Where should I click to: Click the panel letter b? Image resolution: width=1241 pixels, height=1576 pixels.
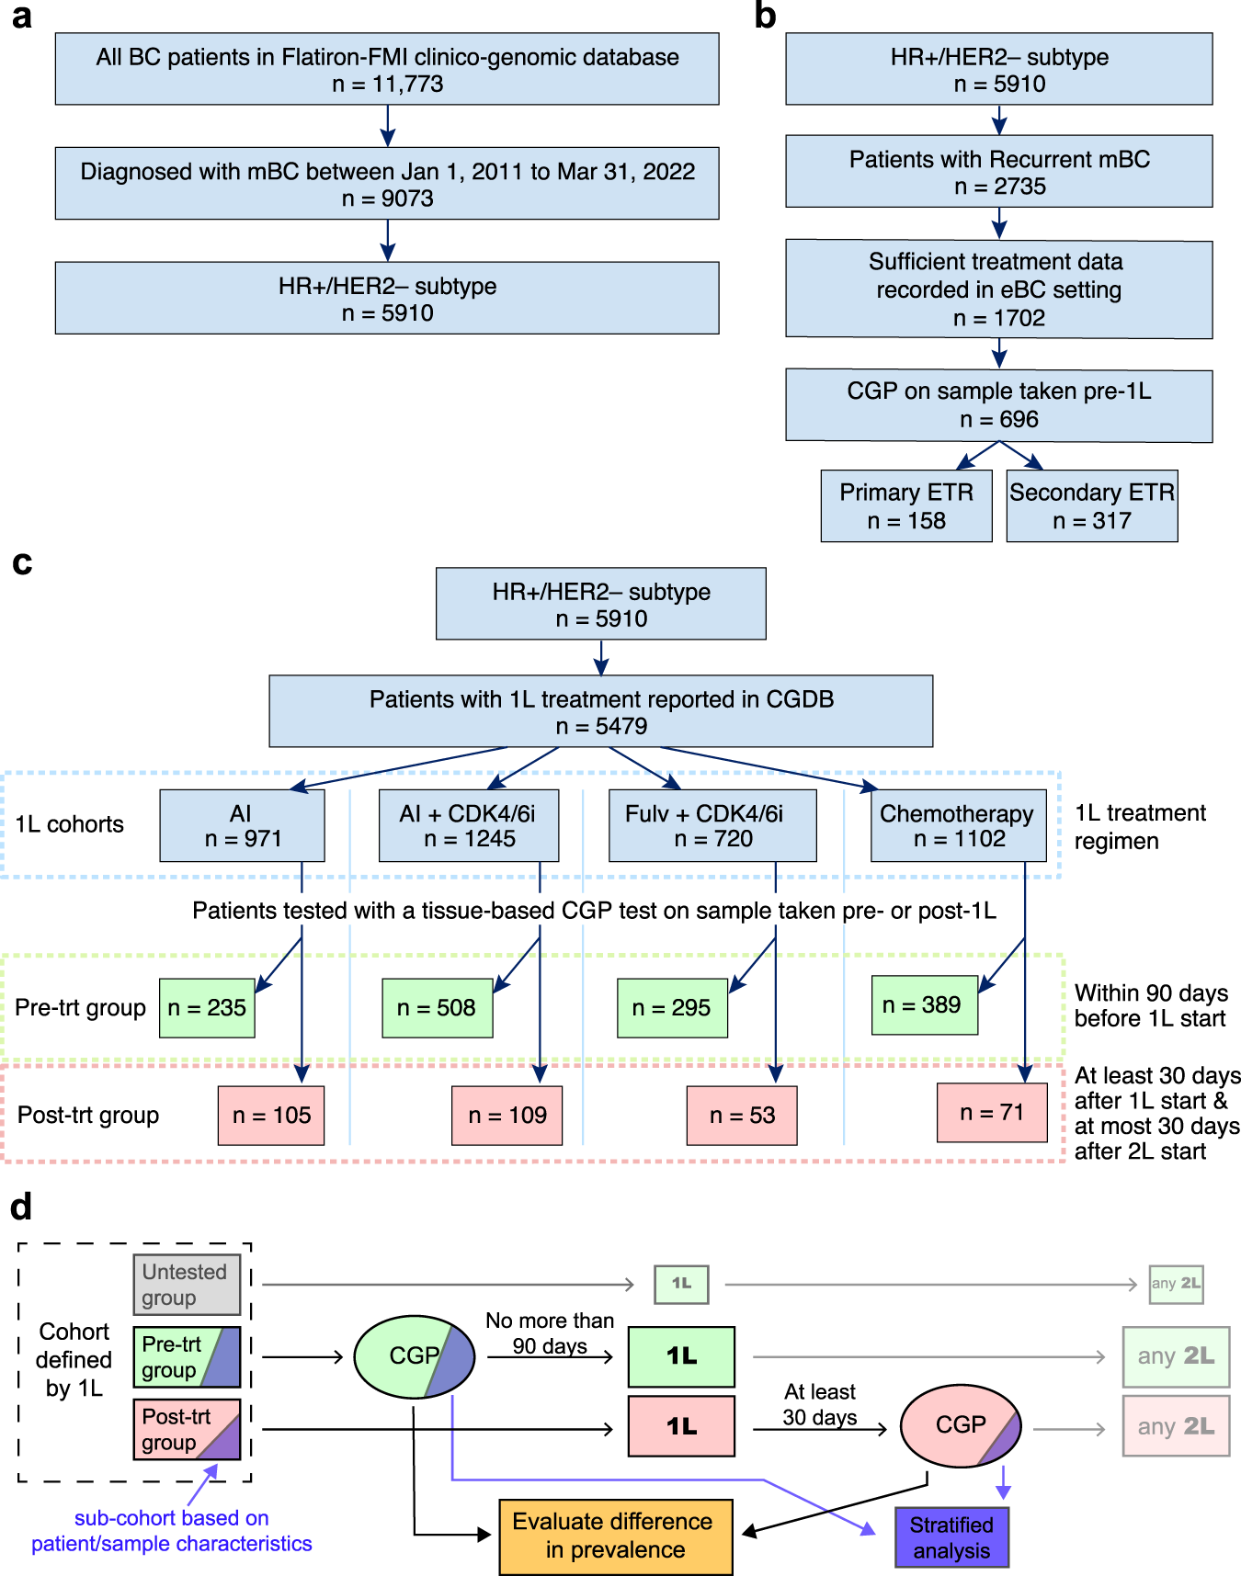(765, 17)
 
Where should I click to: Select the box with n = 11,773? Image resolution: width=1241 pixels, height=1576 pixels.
(387, 70)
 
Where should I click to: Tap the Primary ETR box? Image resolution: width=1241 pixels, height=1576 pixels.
(905, 506)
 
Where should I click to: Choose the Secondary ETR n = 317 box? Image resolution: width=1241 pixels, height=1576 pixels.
(1091, 506)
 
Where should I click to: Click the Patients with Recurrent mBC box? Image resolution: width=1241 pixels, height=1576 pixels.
(998, 172)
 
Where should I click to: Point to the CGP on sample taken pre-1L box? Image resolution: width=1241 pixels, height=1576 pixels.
(998, 405)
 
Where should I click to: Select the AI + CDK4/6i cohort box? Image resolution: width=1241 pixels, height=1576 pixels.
(468, 825)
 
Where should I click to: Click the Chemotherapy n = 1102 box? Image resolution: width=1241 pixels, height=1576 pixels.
(958, 825)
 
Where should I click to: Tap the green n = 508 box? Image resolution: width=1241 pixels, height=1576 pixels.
(437, 1008)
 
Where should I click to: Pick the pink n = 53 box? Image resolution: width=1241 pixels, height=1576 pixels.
(741, 1116)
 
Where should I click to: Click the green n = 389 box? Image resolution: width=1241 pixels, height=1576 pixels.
(923, 1005)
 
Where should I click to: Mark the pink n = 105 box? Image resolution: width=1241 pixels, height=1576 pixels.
(271, 1116)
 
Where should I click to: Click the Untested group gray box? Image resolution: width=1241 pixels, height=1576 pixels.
(186, 1285)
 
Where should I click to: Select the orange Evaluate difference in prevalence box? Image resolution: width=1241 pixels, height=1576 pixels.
(615, 1536)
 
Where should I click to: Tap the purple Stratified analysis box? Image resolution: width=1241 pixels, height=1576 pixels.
(951, 1537)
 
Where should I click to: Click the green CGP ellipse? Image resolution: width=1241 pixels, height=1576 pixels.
(414, 1356)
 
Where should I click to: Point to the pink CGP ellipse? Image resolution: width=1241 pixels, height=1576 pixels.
(960, 1425)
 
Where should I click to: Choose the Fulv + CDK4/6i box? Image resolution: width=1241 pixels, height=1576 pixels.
(712, 825)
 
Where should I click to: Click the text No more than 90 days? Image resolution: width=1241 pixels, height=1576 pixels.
(550, 1333)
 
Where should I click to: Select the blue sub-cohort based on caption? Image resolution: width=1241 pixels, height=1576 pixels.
(172, 1531)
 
